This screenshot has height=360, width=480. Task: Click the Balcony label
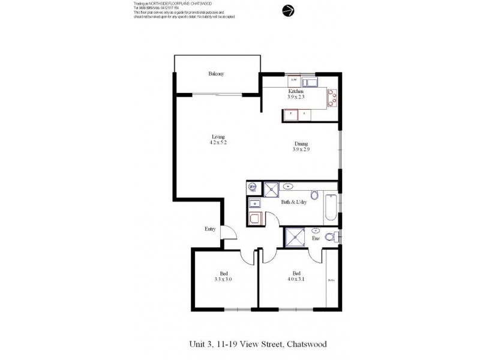coord(216,74)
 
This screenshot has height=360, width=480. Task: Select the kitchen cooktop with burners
coord(332,97)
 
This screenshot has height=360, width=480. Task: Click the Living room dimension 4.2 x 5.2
coord(217,143)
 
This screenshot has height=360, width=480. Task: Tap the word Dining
coord(301,143)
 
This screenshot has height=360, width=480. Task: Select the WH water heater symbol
coord(253,187)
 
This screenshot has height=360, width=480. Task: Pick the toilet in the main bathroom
coord(314,194)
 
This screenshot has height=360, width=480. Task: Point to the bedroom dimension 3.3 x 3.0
coord(223,278)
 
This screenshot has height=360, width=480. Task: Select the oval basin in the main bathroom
coord(289,186)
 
